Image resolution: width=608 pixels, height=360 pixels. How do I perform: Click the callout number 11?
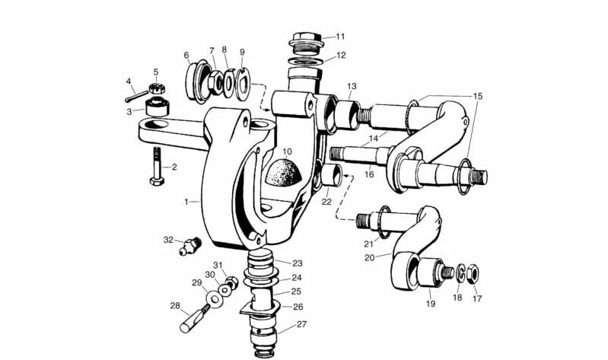340,36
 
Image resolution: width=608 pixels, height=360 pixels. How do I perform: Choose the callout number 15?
478,97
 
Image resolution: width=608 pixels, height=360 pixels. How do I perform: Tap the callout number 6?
186,56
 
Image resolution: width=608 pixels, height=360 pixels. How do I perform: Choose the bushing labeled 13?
346,113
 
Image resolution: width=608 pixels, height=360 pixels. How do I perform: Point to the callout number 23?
297,262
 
